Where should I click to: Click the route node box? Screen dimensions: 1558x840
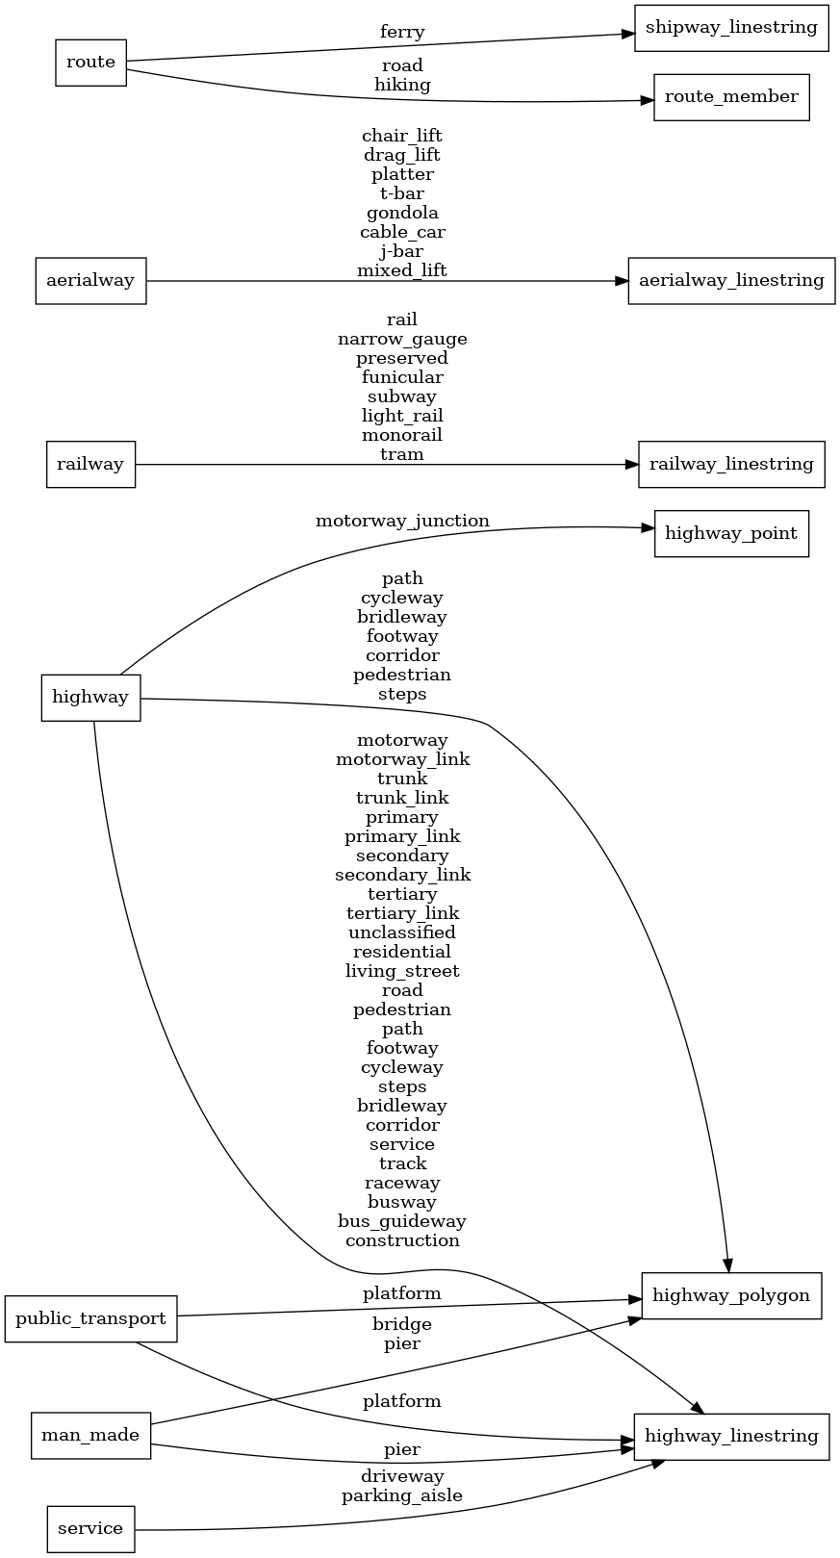[x=90, y=63]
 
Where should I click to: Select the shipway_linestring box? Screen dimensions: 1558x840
[x=730, y=27]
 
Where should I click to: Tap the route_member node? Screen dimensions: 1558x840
[x=730, y=97]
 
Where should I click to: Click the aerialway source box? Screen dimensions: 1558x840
[x=90, y=281]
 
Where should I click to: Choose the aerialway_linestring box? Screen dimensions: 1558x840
[x=730, y=281]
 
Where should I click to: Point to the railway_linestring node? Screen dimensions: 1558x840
[x=730, y=465]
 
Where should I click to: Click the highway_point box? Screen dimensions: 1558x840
[x=730, y=534]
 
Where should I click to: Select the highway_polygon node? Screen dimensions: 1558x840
[x=730, y=1295]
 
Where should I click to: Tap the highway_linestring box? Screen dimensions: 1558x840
[x=730, y=1437]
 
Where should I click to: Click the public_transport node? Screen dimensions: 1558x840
[x=90, y=1318]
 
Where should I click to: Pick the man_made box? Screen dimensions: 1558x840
[x=90, y=1436]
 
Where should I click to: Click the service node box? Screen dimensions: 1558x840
[x=90, y=1529]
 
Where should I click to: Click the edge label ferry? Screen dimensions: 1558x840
[x=402, y=33]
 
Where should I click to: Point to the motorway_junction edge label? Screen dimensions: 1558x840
[x=402, y=521]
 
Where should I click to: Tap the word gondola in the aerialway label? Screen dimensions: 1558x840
[x=402, y=213]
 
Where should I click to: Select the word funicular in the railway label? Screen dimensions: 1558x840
[x=402, y=377]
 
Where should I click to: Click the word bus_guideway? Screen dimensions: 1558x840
[x=402, y=1221]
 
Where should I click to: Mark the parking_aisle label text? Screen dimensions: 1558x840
[x=402, y=1495]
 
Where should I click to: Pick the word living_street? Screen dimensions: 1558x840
[x=402, y=971]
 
